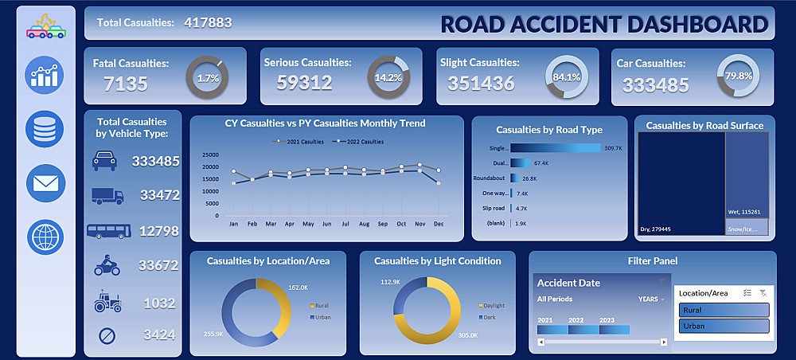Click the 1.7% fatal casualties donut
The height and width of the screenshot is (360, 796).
(x=207, y=78)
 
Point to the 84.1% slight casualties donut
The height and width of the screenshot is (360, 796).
(x=566, y=77)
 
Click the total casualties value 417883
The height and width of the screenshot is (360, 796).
(x=208, y=22)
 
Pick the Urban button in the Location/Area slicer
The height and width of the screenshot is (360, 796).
(x=724, y=326)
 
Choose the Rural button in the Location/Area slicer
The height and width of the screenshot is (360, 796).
(x=724, y=310)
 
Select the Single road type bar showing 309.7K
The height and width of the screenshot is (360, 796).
(x=555, y=148)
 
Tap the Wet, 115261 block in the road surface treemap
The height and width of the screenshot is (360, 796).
(x=746, y=175)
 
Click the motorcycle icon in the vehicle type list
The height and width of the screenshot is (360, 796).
(x=107, y=266)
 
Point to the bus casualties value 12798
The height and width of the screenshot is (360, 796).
(x=156, y=232)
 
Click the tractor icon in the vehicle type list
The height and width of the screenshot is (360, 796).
(x=107, y=302)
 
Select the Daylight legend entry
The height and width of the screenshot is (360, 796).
(x=490, y=305)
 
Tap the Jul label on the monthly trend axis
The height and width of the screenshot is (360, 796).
(x=345, y=225)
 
